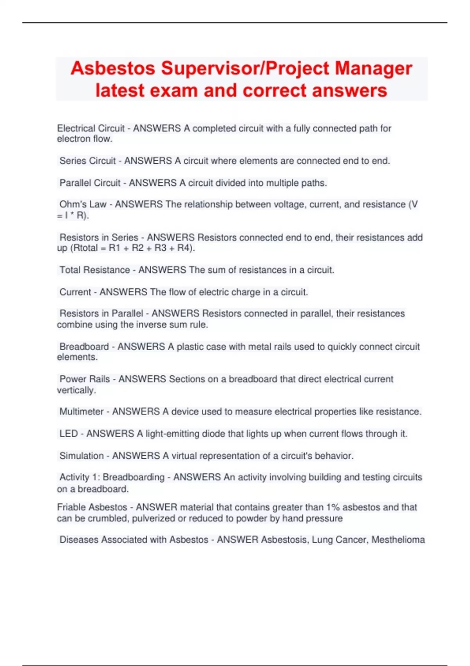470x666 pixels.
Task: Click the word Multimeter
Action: (x=81, y=412)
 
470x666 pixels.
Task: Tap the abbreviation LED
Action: (x=69, y=434)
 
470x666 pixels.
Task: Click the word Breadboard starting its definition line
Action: (x=84, y=347)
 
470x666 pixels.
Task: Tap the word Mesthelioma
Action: (x=398, y=540)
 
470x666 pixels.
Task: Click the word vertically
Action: (x=76, y=390)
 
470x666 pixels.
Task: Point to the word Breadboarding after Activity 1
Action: (x=134, y=478)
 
